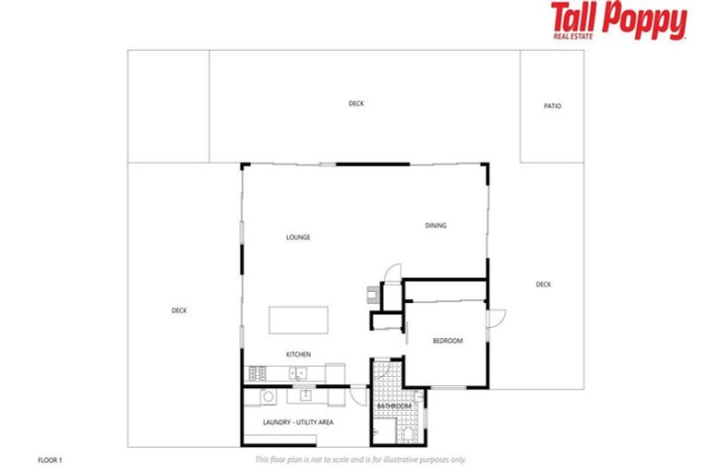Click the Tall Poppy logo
coord(619,20)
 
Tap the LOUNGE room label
coord(298,237)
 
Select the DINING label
coord(436,225)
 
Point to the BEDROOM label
coord(448,341)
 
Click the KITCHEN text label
coord(298,354)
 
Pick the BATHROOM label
coord(394,406)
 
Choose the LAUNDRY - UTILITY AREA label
coord(298,422)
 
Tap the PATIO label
coord(552,106)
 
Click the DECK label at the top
coord(356,103)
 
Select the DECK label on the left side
coord(179,310)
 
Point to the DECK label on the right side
coord(544,285)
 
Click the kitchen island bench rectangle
coord(299,321)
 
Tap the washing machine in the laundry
coord(269,396)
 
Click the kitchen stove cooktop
coord(257,373)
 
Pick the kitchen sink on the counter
coord(297,373)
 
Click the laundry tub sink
coord(306,395)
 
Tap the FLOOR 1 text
coord(50,459)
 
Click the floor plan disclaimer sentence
coord(360,459)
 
